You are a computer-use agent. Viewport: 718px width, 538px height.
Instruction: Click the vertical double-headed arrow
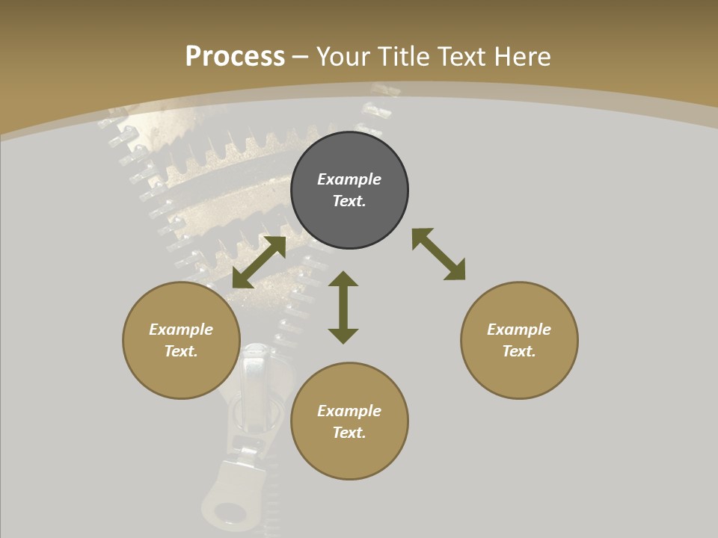point(343,307)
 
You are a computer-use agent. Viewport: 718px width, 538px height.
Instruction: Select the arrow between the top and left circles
point(260,262)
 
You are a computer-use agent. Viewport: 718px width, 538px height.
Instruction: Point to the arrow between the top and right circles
point(438,254)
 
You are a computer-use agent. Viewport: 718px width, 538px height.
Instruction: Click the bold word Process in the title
point(235,56)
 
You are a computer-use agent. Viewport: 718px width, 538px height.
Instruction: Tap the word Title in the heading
point(402,56)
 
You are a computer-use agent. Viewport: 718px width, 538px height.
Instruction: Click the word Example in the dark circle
point(349,179)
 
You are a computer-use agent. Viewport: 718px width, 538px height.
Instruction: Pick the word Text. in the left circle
point(181,351)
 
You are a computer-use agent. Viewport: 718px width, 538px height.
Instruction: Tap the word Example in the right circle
point(519,330)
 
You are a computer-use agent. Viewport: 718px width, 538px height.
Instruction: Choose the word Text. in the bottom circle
point(349,433)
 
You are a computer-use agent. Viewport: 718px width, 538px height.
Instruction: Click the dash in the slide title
point(301,56)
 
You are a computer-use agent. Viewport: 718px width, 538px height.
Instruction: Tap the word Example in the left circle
point(181,330)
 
